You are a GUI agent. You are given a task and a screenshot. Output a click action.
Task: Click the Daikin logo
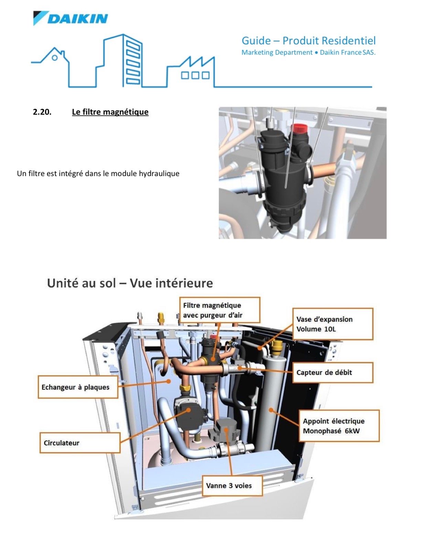(71, 18)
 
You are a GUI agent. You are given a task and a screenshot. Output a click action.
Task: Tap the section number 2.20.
(42, 112)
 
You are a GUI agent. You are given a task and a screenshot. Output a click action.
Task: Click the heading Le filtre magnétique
(110, 112)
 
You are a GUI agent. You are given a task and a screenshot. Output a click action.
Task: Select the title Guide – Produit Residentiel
(308, 41)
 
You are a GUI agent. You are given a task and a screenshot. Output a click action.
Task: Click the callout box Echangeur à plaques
(78, 387)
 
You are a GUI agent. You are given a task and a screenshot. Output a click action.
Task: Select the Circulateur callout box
(80, 443)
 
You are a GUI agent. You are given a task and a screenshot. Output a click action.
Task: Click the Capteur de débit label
(332, 372)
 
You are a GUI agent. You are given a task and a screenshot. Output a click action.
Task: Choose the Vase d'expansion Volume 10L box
(332, 324)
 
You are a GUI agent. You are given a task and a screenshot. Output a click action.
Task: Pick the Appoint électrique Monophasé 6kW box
(338, 426)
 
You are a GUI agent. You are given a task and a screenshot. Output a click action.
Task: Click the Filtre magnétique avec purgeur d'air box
(219, 310)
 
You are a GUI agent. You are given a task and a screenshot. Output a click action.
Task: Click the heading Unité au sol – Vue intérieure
(130, 283)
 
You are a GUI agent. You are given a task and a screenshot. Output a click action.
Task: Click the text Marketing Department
(277, 53)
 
